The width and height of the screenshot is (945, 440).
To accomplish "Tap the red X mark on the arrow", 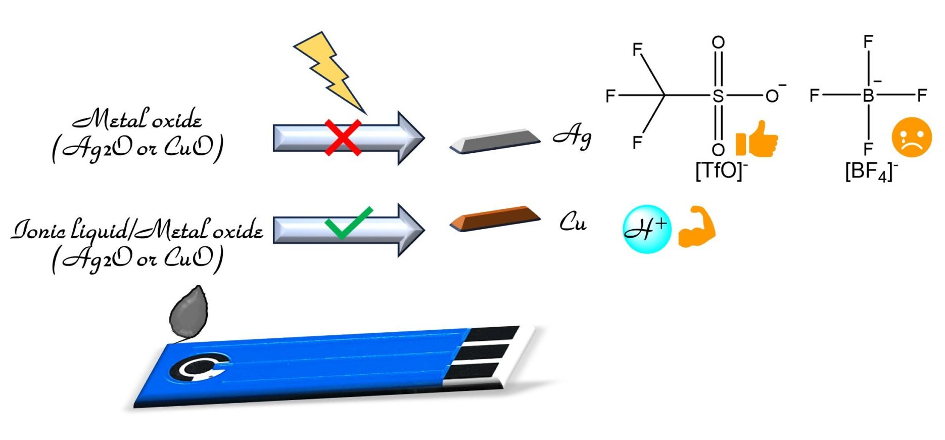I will [x=343, y=138].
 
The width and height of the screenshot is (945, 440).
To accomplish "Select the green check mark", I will [x=348, y=223].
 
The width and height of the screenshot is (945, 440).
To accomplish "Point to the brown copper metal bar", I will [x=495, y=218].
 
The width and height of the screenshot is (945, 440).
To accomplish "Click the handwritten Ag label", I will [x=573, y=137].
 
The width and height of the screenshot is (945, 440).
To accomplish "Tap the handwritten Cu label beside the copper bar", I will [x=573, y=222].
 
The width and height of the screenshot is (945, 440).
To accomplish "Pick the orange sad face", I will [x=911, y=137].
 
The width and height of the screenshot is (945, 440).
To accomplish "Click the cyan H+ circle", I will [x=646, y=229].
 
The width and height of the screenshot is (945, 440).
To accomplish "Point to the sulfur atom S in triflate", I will [x=718, y=96].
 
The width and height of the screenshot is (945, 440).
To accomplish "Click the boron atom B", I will [x=868, y=96].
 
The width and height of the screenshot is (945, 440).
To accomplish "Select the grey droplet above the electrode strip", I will [x=188, y=312].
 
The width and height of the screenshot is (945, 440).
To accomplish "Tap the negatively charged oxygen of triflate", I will [x=772, y=96].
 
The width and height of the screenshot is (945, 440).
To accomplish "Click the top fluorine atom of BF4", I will [x=868, y=41].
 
